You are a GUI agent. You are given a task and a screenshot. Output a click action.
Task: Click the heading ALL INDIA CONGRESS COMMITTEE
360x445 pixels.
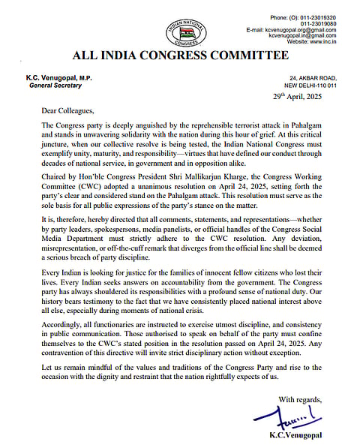pyautogui.click(x=180, y=56)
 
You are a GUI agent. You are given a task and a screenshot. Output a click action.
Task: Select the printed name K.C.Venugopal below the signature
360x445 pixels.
pyautogui.click(x=300, y=436)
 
